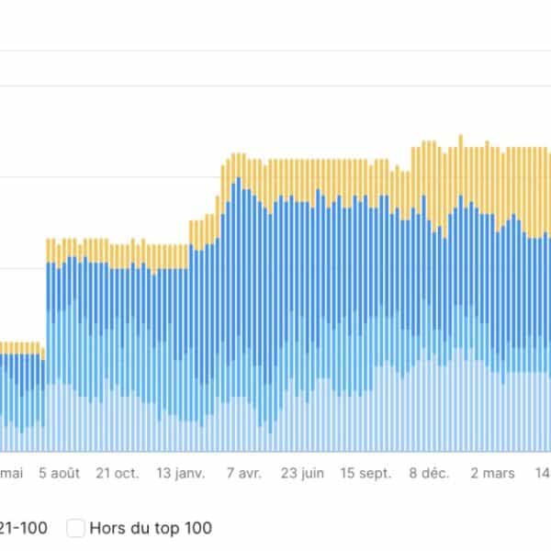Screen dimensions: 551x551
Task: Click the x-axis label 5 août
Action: point(60,474)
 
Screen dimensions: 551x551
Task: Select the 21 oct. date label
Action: point(118,474)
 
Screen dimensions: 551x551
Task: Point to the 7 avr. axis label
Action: point(243,474)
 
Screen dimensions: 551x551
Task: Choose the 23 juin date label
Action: point(302,474)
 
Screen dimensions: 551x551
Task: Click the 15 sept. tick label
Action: point(365,474)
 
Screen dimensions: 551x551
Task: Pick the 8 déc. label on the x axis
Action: point(429,474)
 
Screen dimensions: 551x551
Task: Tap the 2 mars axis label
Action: point(493,474)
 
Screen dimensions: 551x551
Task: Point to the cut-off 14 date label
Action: point(543,474)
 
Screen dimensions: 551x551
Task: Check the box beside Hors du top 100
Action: point(76,528)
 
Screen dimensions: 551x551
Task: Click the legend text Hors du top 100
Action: point(151,528)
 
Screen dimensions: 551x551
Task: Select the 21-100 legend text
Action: point(24,528)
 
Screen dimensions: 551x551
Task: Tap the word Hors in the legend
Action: point(107,528)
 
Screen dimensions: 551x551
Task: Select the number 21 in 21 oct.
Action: point(104,474)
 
